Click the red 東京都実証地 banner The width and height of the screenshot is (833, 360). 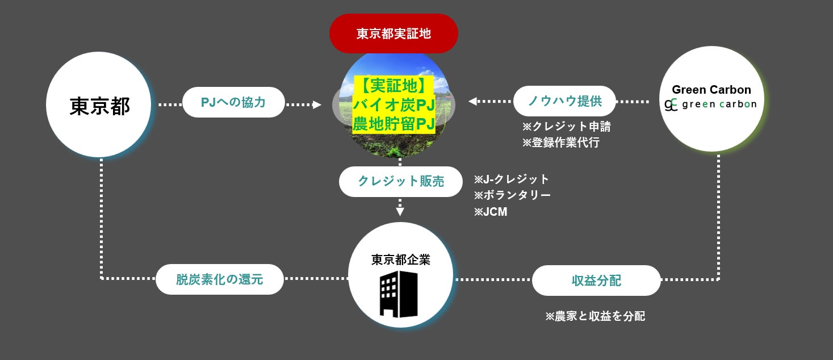click(394, 34)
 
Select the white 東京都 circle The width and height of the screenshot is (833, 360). click(99, 105)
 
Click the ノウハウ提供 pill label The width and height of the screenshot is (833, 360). click(564, 102)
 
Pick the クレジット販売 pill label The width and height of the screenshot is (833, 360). click(400, 182)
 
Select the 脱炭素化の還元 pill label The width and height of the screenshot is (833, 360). click(219, 279)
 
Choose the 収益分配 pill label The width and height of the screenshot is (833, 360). click(596, 281)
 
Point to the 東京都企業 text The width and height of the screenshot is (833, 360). click(400, 260)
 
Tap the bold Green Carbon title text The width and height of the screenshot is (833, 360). click(711, 90)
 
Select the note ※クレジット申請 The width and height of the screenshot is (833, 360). click(566, 127)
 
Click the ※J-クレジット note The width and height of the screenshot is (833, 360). click(512, 179)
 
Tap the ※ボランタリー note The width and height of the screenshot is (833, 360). click(512, 195)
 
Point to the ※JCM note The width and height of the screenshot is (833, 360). click(491, 212)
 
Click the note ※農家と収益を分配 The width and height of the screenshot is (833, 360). click(595, 316)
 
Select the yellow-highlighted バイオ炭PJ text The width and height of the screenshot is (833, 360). click(394, 104)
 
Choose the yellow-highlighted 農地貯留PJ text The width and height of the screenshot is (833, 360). click(394, 124)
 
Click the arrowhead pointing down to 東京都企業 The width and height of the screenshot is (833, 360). click(400, 212)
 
